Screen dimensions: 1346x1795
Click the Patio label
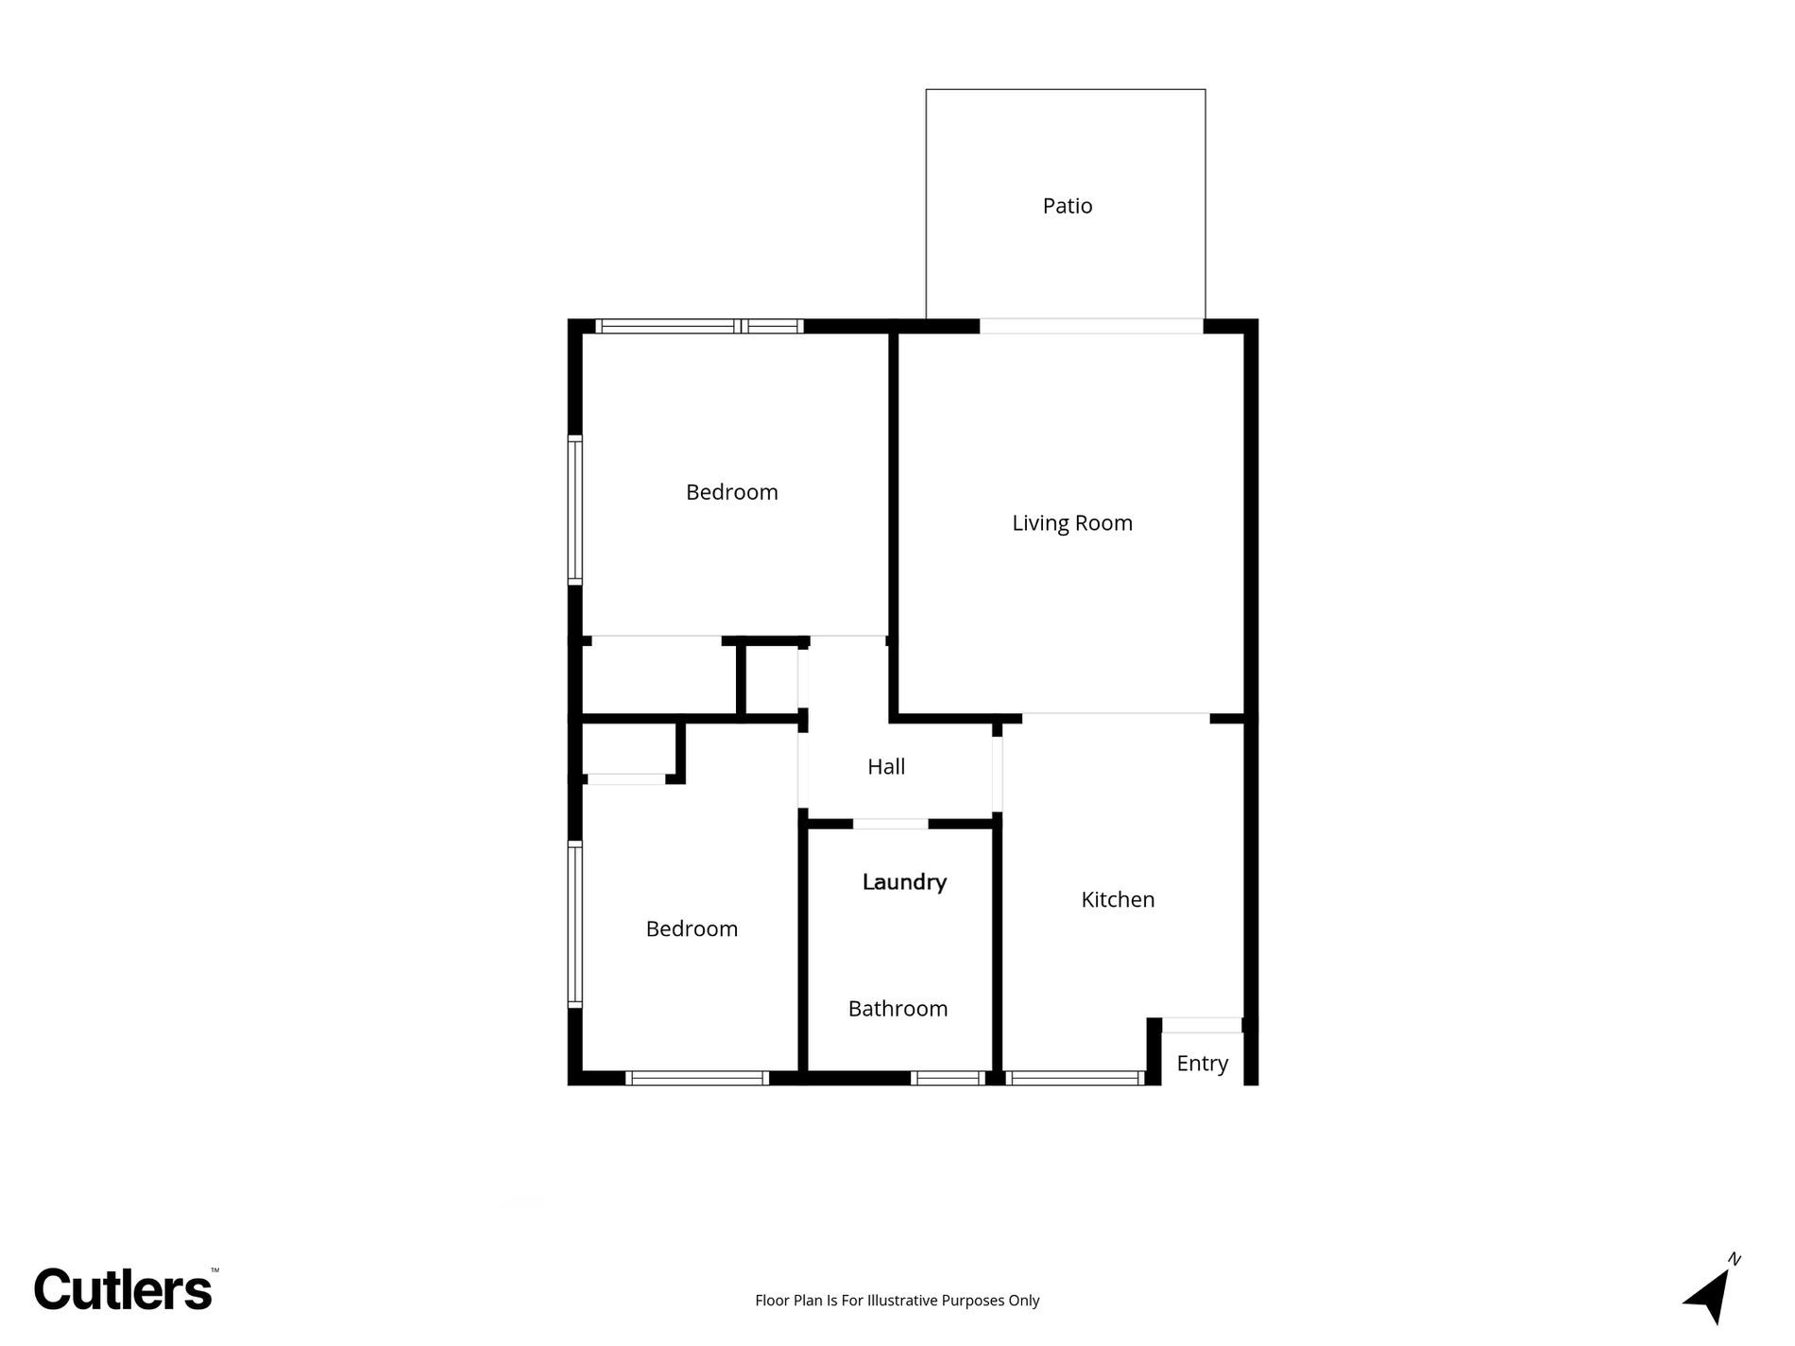point(1067,206)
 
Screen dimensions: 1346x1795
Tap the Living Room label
point(1071,523)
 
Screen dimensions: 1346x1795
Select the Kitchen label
point(1117,899)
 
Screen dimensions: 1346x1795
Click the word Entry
point(1202,1064)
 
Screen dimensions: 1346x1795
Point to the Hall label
point(885,767)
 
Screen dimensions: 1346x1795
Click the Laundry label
point(903,882)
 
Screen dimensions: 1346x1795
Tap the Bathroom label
point(897,1009)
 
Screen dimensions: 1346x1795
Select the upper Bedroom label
point(731,492)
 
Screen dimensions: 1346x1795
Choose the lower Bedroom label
point(691,929)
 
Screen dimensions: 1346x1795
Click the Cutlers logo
point(124,1289)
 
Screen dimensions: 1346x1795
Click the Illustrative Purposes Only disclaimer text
point(896,1301)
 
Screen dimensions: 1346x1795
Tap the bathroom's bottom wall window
point(947,1078)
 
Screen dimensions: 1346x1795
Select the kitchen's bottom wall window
point(1074,1078)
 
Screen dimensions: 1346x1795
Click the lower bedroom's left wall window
point(574,924)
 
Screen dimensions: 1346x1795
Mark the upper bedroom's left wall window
point(574,509)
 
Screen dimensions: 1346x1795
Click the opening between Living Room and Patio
point(1091,327)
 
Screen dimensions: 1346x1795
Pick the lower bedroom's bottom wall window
point(696,1078)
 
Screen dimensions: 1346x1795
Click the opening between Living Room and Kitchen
point(1115,717)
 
